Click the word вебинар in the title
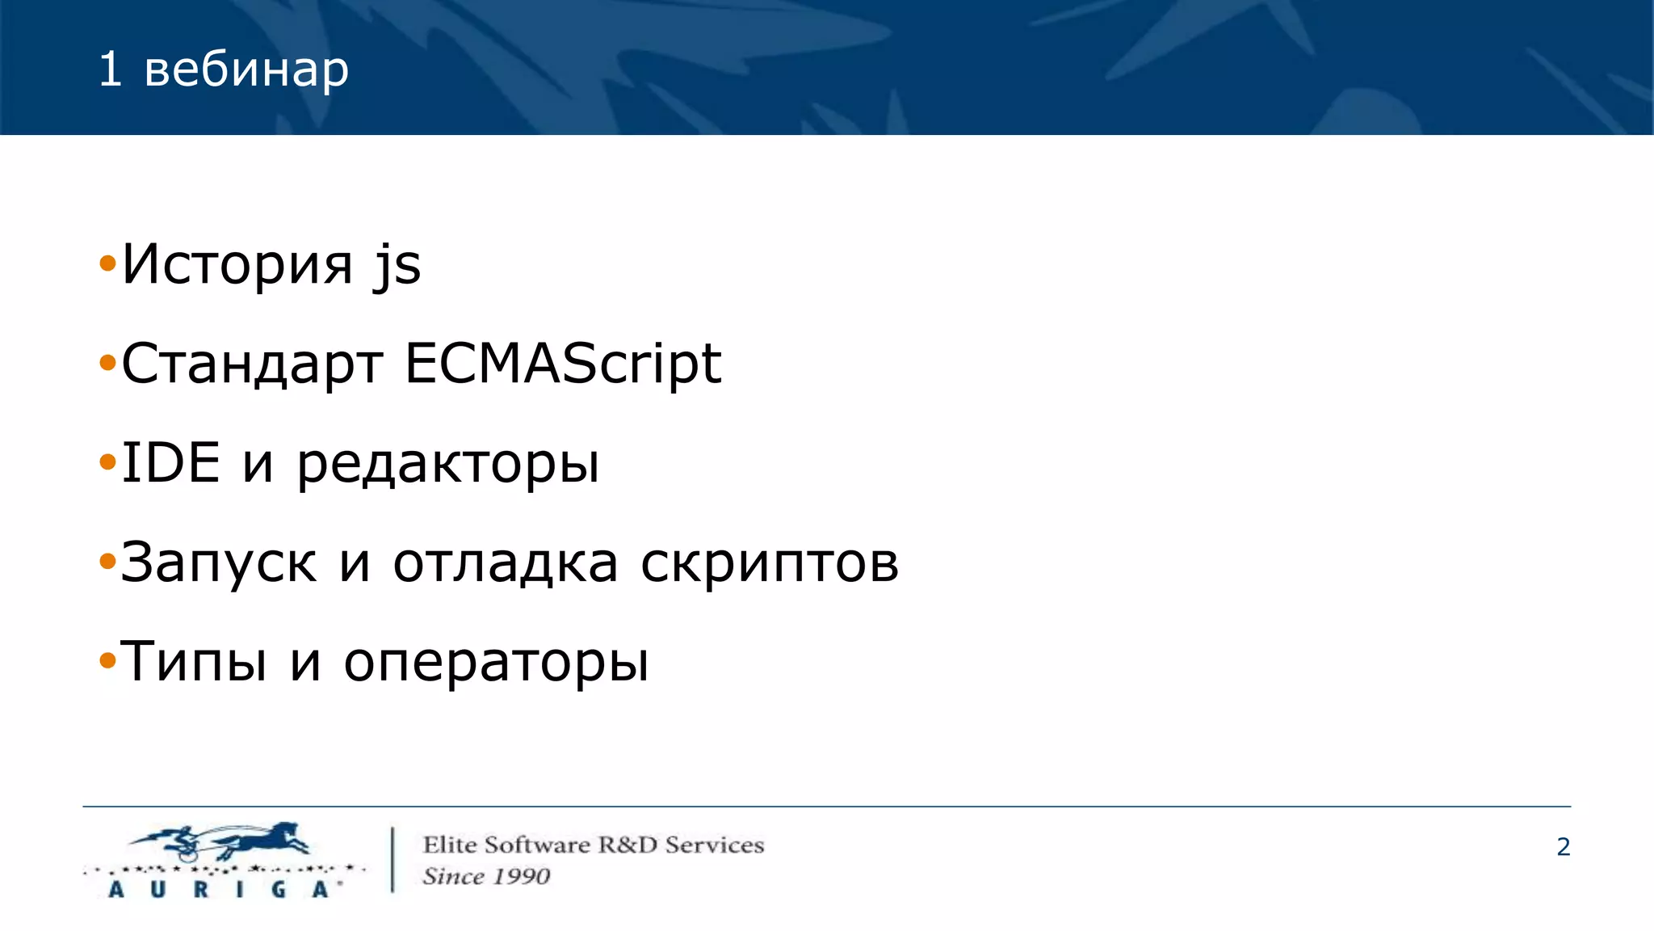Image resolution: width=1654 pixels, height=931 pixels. [x=246, y=70]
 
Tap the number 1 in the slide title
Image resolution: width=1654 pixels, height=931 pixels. [x=110, y=70]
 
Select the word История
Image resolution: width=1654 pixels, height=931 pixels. [x=237, y=264]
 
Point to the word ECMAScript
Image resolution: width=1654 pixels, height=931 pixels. [x=562, y=364]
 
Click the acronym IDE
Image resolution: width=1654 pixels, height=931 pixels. [x=170, y=463]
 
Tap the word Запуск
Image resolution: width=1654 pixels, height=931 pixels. [x=218, y=563]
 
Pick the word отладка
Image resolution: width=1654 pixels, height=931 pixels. [x=506, y=563]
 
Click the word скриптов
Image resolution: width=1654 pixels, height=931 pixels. [x=769, y=563]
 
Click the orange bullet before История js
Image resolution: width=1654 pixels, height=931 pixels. [x=107, y=263]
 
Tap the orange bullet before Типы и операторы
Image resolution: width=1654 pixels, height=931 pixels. [x=107, y=662]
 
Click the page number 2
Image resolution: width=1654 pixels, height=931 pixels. [x=1563, y=847]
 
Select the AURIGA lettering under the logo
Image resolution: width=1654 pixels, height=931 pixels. [x=218, y=890]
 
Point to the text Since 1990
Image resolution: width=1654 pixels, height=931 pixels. [x=486, y=876]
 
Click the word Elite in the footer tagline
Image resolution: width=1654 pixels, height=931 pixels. [x=449, y=845]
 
